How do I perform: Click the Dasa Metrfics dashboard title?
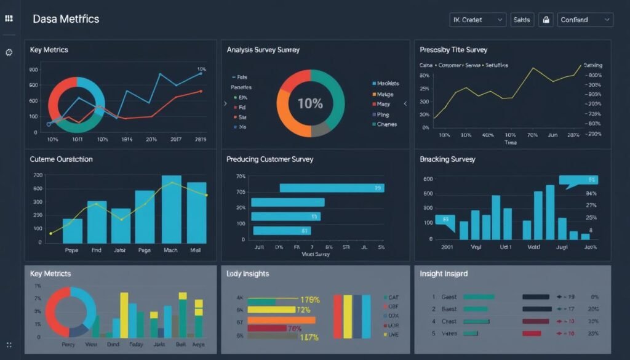[66, 19]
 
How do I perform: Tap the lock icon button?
[545, 20]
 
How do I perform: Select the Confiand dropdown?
[585, 20]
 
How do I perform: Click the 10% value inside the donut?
[310, 103]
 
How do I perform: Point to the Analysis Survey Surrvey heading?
[263, 50]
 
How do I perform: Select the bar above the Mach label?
[171, 209]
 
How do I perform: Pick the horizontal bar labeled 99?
[332, 188]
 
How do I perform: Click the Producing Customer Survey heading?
[269, 159]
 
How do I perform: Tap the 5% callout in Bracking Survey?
[578, 180]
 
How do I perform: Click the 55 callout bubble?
[445, 220]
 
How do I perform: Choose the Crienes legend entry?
[386, 124]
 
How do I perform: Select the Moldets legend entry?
[388, 83]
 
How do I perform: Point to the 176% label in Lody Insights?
[309, 300]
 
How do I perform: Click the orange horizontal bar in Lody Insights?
[281, 320]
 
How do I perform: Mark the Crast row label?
[449, 321]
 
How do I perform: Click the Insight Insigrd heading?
[444, 273]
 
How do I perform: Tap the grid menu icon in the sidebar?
[9, 19]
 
